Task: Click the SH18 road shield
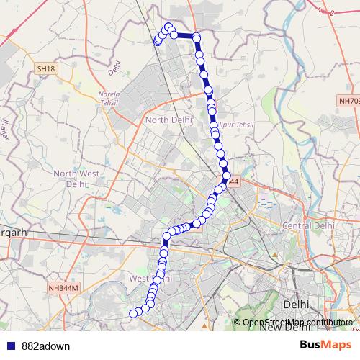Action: point(45,68)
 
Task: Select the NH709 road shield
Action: point(348,102)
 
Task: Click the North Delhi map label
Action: point(167,120)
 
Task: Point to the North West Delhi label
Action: point(75,178)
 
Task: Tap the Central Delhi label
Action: point(310,225)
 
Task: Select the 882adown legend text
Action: point(46,346)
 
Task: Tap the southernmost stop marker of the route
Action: point(132,313)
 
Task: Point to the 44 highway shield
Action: point(234,184)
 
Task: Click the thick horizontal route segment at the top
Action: point(185,35)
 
